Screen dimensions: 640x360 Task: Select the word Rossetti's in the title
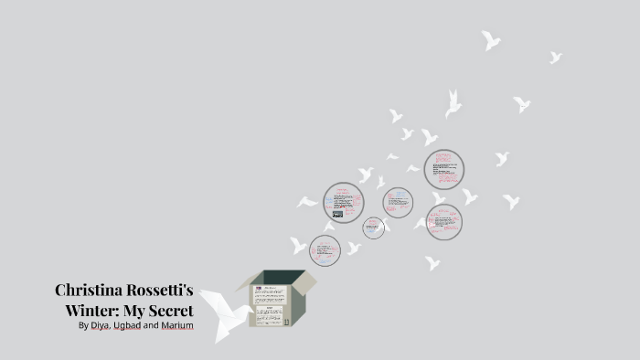(x=163, y=291)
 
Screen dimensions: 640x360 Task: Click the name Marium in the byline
(x=177, y=324)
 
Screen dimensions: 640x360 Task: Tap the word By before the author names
(x=83, y=324)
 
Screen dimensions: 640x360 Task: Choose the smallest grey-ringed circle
(x=373, y=228)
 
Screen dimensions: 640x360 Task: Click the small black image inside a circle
(x=337, y=215)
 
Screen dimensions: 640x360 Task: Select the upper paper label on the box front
(x=270, y=294)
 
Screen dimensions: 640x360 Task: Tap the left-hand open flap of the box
(x=244, y=282)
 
